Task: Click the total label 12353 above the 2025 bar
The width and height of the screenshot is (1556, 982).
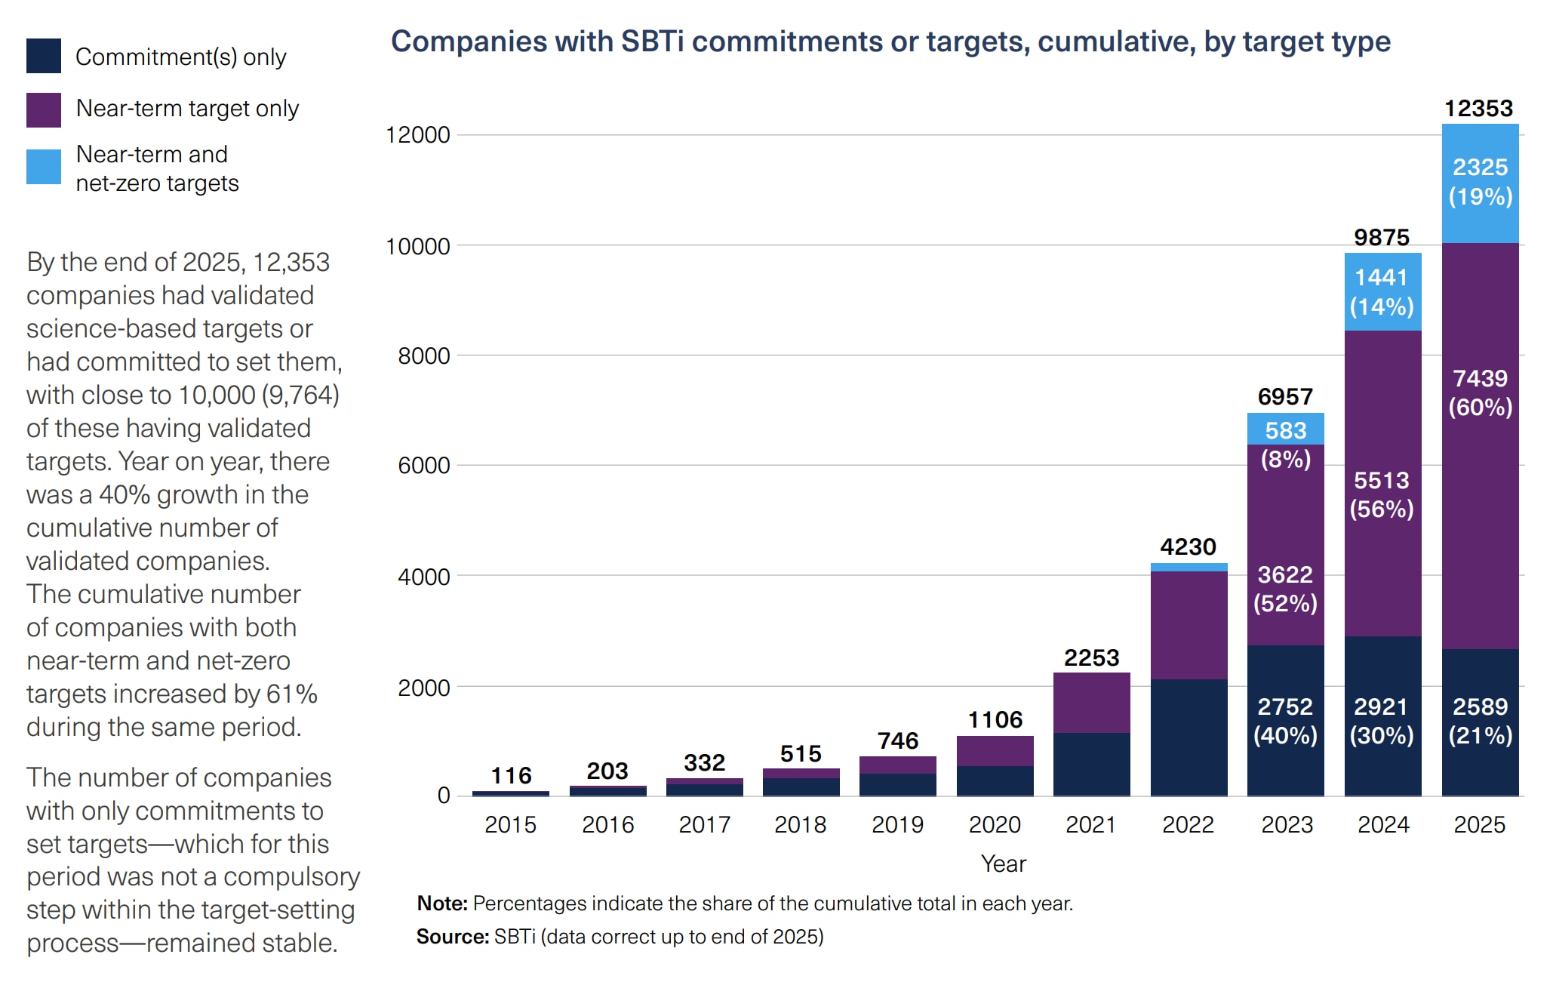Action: (x=1478, y=109)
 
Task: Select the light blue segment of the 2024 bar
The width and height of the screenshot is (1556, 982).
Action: (x=1382, y=292)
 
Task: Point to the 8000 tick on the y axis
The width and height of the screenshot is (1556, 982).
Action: (x=423, y=356)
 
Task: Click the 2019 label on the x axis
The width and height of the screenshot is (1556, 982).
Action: (x=897, y=824)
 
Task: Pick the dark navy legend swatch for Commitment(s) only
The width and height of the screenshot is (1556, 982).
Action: (x=44, y=57)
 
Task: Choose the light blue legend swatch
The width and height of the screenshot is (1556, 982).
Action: (x=44, y=167)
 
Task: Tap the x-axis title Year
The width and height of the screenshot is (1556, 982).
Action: (x=1003, y=863)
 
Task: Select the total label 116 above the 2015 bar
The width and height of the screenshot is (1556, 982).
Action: (x=511, y=775)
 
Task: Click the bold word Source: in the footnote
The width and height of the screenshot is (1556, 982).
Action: (x=453, y=937)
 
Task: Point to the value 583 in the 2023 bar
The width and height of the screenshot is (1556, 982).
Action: (x=1285, y=430)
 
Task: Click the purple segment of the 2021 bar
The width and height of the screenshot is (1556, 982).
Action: (x=1091, y=702)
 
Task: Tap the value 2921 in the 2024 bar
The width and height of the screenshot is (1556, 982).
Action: (x=1381, y=706)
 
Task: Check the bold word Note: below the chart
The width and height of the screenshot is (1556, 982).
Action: (x=442, y=904)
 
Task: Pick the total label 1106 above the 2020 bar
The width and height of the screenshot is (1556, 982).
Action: (x=995, y=719)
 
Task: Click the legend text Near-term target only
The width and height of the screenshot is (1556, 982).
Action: (x=187, y=109)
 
